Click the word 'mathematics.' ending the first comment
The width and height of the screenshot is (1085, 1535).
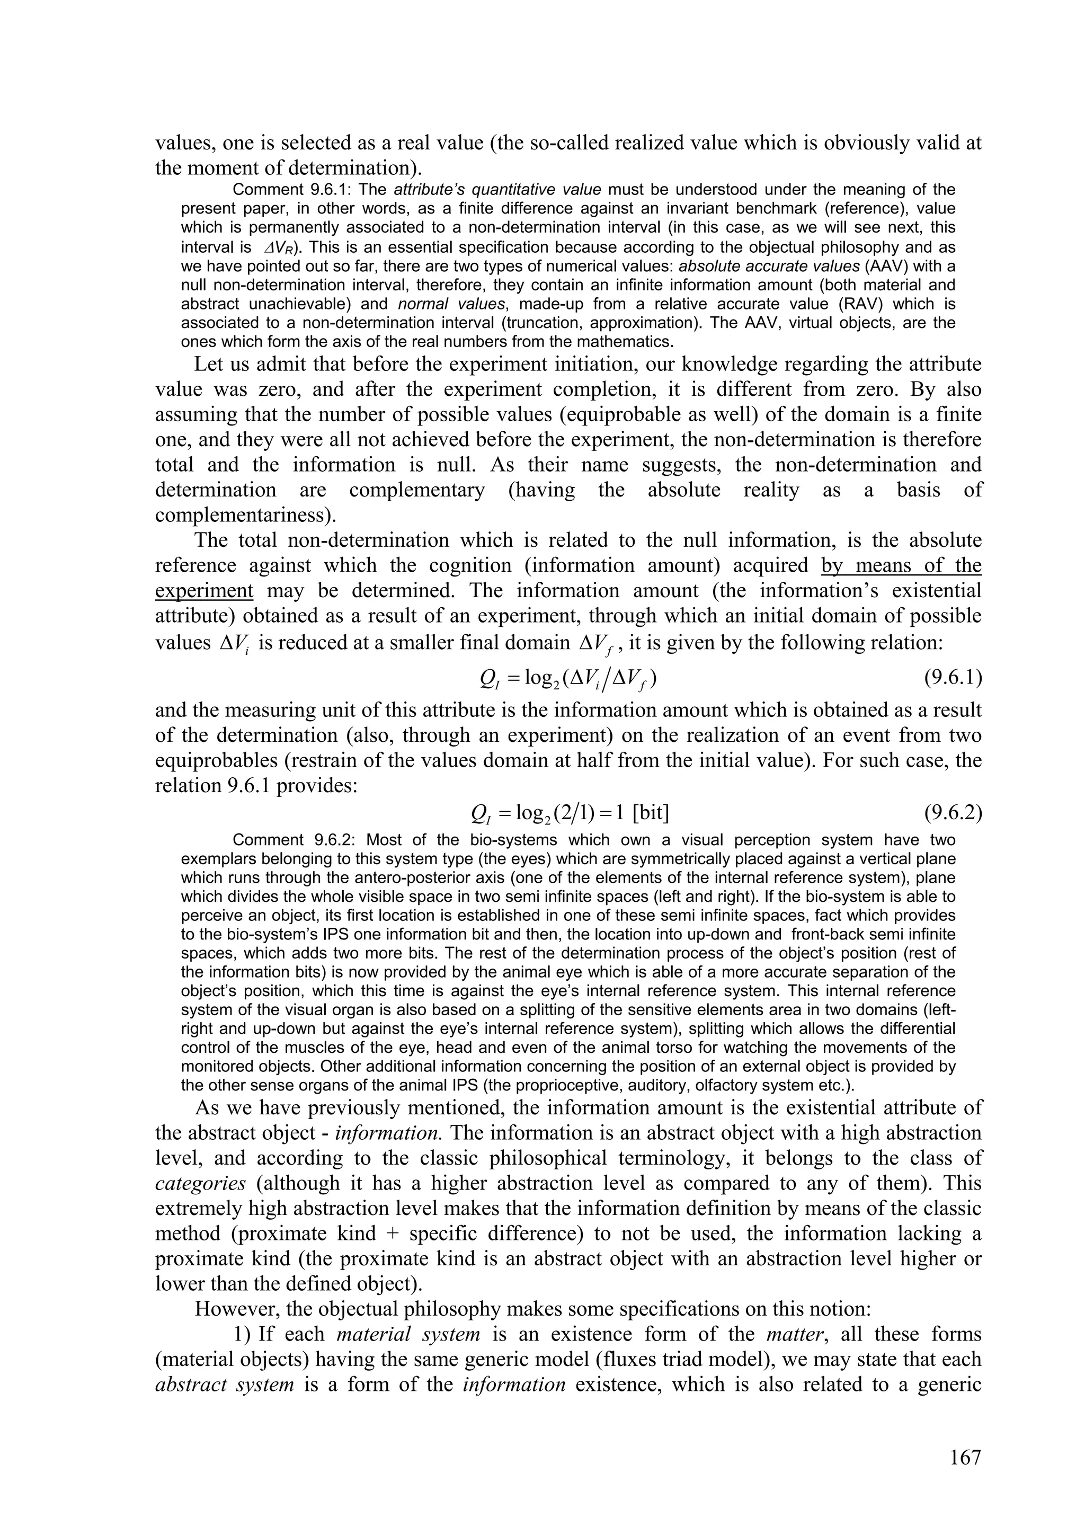tap(632, 342)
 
